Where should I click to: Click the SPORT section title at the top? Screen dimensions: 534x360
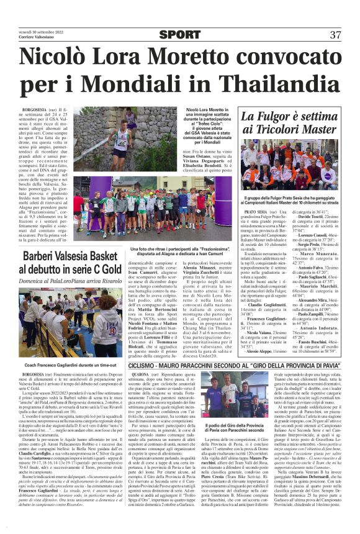(x=180, y=35)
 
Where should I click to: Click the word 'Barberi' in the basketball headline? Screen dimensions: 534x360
(x=38, y=256)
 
